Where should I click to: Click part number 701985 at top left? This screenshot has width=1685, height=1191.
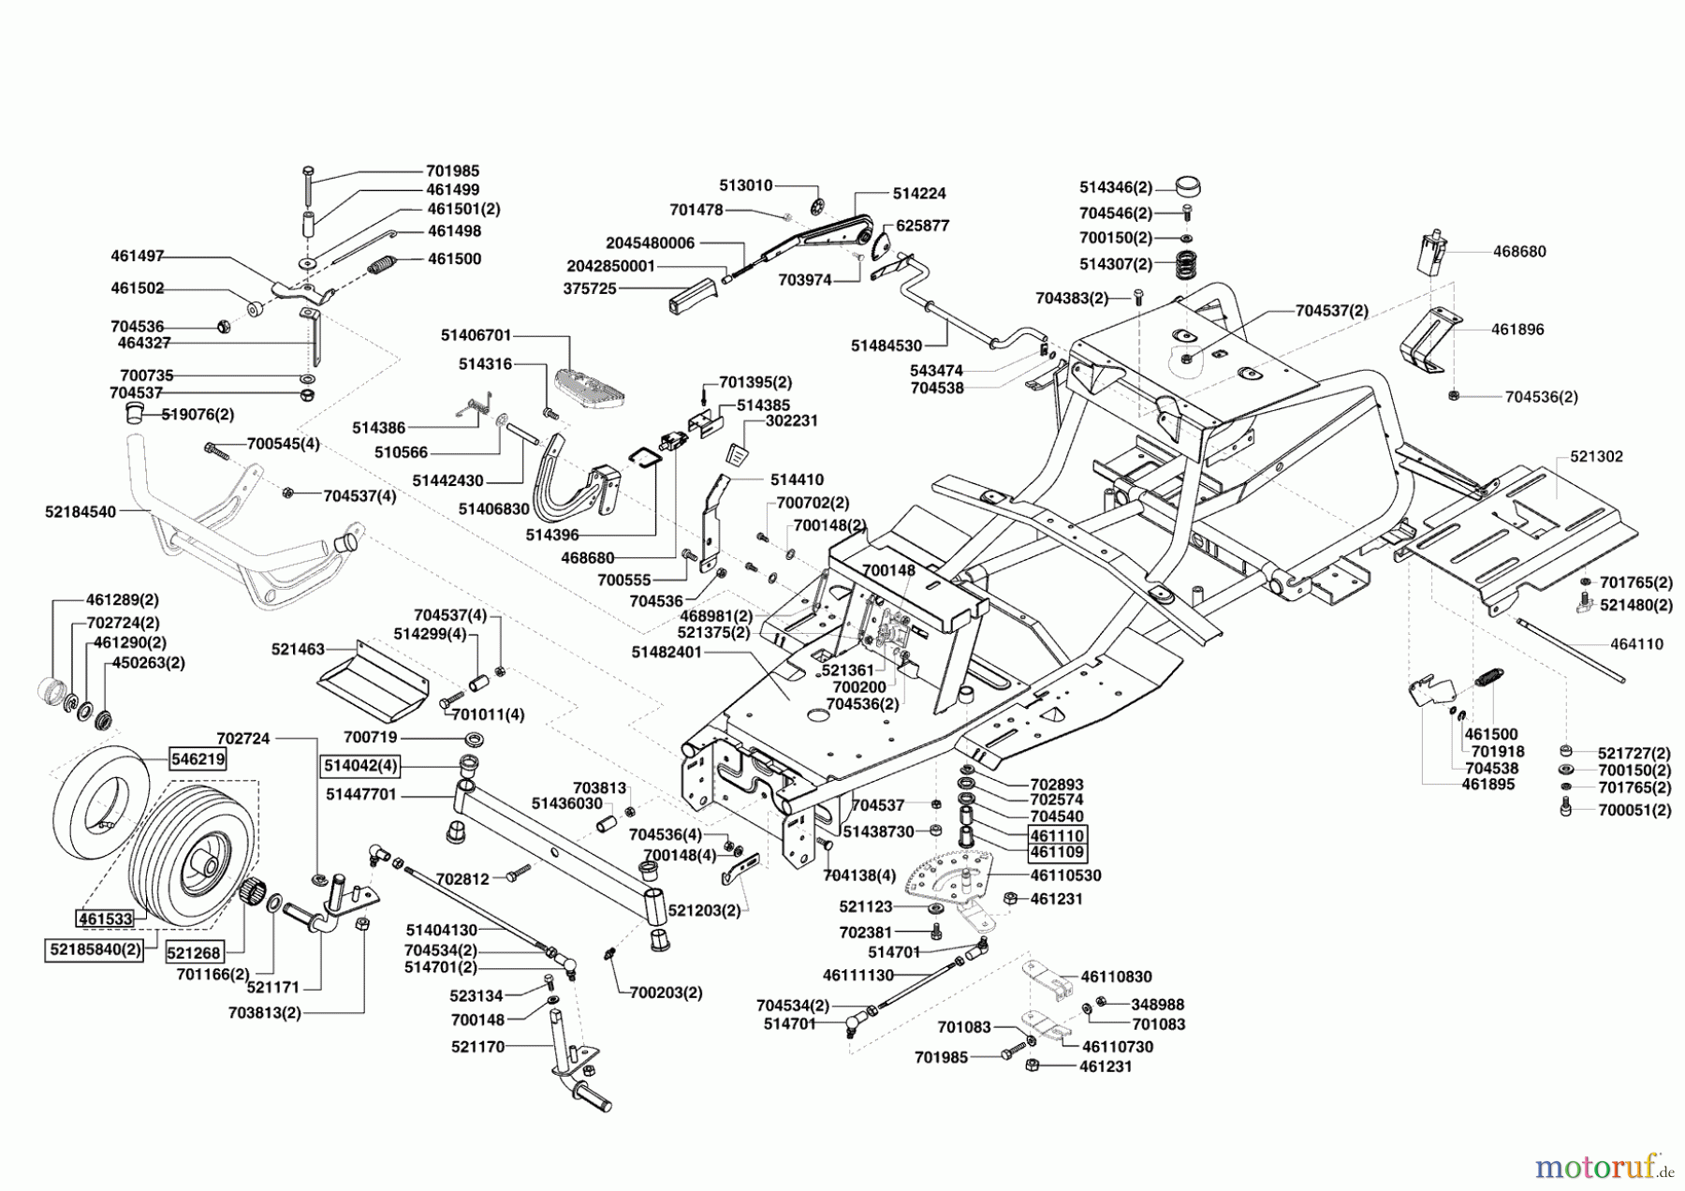pyautogui.click(x=452, y=171)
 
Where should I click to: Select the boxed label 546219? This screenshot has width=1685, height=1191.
pyautogui.click(x=198, y=758)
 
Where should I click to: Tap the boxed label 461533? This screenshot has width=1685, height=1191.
pyautogui.click(x=105, y=919)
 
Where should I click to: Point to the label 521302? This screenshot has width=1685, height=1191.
pyautogui.click(x=1596, y=457)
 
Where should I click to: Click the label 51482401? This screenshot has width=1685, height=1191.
pyautogui.click(x=666, y=652)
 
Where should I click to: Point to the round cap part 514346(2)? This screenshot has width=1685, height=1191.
pyautogui.click(x=1188, y=185)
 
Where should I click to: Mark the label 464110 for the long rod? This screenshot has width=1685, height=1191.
pyautogui.click(x=1636, y=644)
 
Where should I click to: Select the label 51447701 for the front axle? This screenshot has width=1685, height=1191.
pyautogui.click(x=361, y=794)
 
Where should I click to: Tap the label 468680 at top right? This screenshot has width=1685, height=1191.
pyautogui.click(x=1518, y=251)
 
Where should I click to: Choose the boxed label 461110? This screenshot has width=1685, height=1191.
pyautogui.click(x=1057, y=834)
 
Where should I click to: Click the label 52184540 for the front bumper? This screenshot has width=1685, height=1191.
pyautogui.click(x=81, y=512)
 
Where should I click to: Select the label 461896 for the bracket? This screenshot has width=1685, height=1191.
pyautogui.click(x=1517, y=330)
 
